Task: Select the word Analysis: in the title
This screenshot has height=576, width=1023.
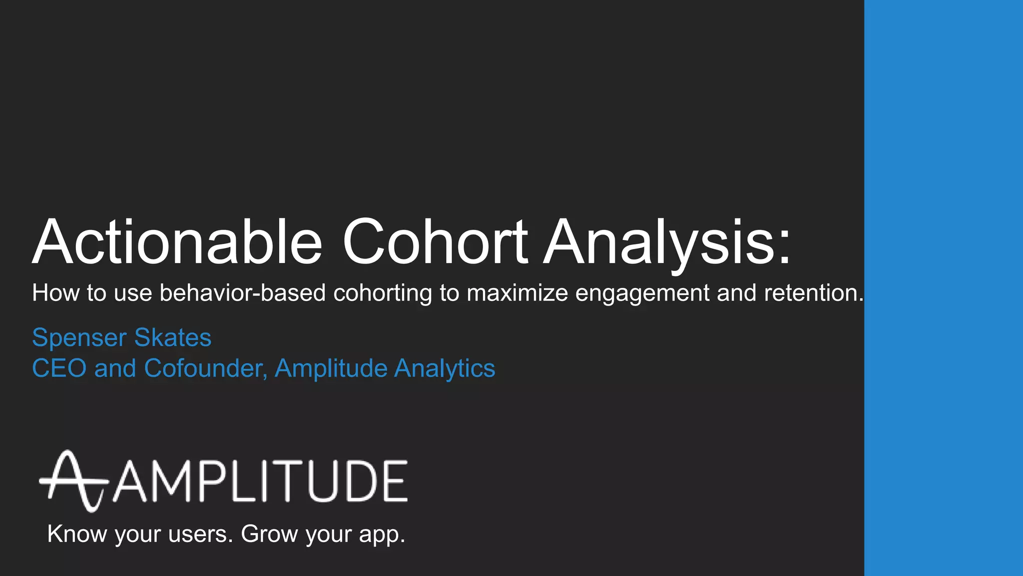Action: point(667,242)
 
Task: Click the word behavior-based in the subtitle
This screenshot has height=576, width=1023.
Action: point(243,293)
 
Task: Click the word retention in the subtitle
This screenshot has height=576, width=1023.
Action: point(810,293)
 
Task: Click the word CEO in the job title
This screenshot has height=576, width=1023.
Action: point(59,368)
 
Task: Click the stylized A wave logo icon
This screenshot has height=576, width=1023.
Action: point(73,481)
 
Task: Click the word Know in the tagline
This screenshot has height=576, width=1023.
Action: point(77,534)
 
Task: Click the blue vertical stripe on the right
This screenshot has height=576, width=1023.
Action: point(943,288)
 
